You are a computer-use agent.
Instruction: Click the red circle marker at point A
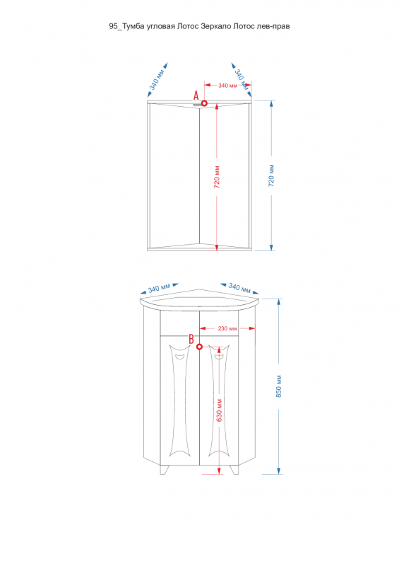204,103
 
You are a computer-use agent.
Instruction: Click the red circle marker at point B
199,347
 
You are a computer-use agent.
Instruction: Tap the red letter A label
196,96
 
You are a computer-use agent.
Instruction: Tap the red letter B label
191,339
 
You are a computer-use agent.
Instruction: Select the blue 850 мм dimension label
279,386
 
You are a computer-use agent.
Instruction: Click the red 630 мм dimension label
219,410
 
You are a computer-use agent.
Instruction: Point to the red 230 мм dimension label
227,328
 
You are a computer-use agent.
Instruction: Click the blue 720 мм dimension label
271,175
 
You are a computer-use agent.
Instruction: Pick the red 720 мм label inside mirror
217,177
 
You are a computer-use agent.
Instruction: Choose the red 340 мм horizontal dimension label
228,86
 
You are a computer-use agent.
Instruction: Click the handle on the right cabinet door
220,357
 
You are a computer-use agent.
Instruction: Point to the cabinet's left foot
164,470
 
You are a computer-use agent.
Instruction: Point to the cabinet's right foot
234,470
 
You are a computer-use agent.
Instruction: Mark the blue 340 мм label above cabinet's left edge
159,288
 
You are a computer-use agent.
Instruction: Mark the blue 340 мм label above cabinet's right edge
239,288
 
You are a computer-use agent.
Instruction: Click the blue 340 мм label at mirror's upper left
157,79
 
